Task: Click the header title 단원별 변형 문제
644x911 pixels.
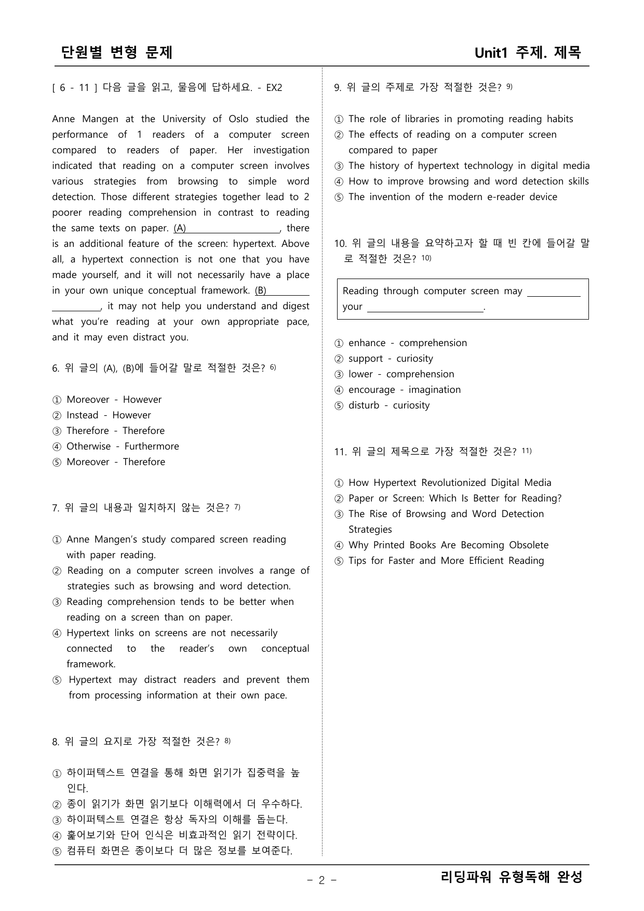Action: (x=117, y=52)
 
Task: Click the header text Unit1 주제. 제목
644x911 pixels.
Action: (x=528, y=52)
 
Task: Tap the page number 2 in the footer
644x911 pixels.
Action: (x=321, y=880)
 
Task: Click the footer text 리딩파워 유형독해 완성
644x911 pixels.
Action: (x=512, y=877)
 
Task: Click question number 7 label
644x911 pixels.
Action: (x=56, y=508)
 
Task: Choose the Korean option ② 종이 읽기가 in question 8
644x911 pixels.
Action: (x=177, y=804)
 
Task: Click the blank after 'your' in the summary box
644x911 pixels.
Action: (x=425, y=308)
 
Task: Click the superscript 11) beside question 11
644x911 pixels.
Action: (x=526, y=451)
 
